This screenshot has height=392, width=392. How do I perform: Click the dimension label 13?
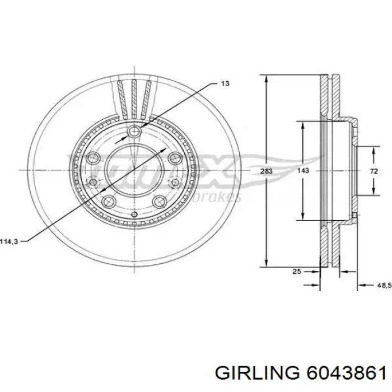click(x=225, y=83)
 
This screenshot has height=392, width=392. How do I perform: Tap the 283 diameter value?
click(x=267, y=172)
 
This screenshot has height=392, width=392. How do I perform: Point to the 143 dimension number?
click(x=303, y=172)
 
